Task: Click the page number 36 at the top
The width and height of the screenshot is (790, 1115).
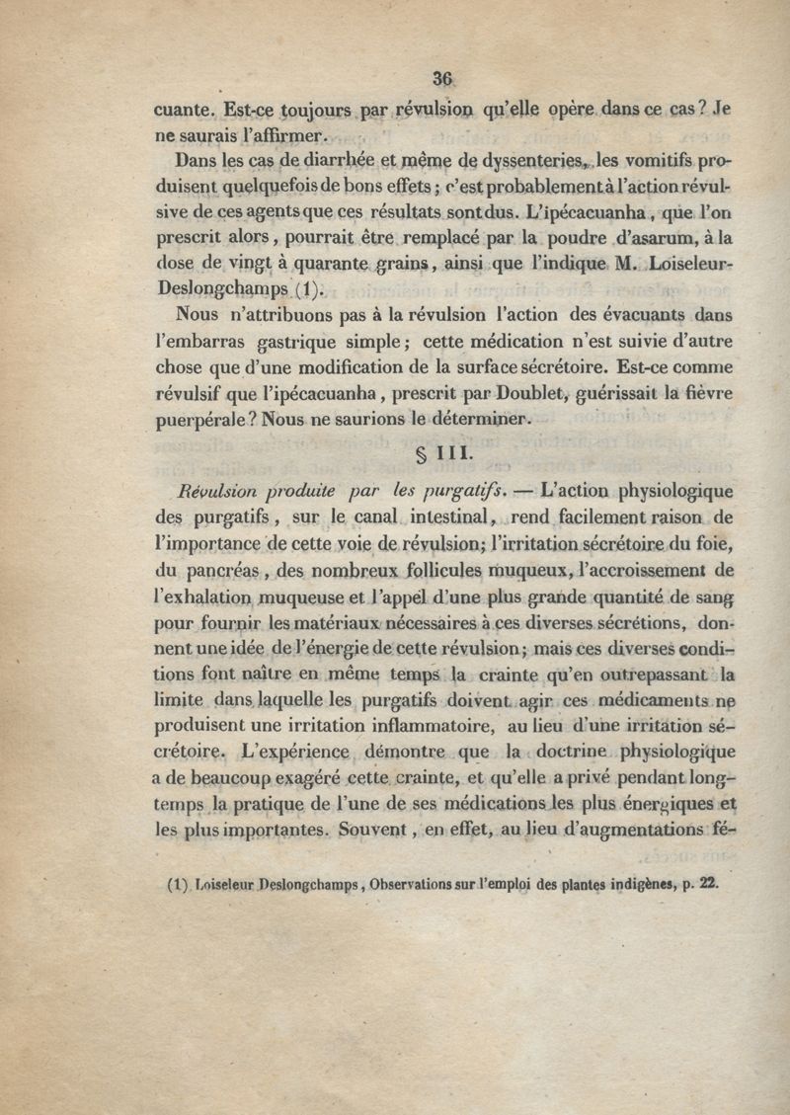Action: click(441, 81)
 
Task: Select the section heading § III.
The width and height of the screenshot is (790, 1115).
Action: click(440, 456)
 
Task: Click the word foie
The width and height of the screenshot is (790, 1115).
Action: click(711, 543)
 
